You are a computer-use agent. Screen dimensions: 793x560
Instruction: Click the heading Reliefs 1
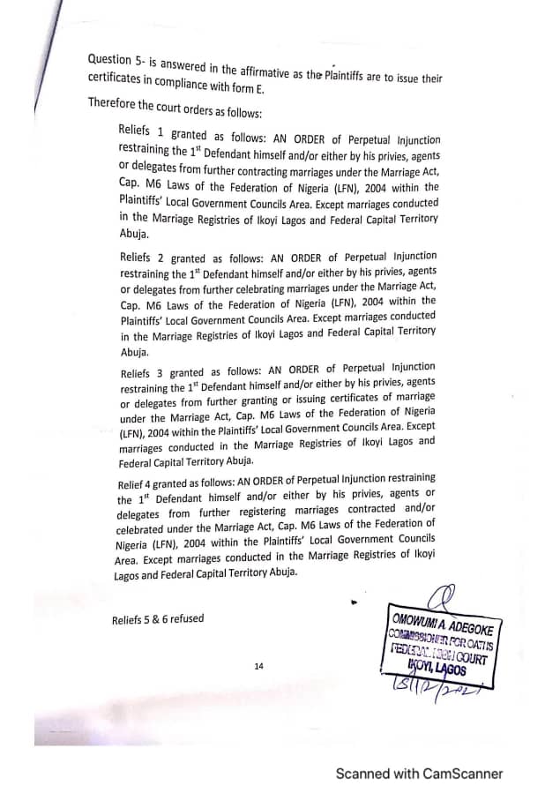point(140,131)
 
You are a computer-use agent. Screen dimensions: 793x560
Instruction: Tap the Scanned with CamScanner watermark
point(419,774)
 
